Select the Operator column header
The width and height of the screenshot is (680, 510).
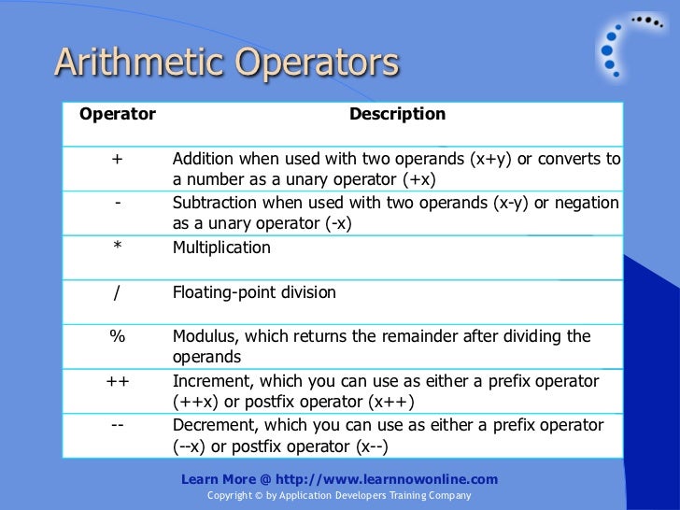[x=118, y=115]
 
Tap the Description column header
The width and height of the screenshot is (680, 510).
[x=397, y=115]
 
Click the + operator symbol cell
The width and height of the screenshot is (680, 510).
[x=117, y=158]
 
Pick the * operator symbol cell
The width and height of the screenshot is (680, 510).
[x=118, y=248]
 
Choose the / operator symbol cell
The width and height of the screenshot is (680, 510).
[x=118, y=292]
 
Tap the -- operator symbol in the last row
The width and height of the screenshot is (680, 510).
[x=118, y=425]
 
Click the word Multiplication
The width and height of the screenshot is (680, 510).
[x=221, y=248]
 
